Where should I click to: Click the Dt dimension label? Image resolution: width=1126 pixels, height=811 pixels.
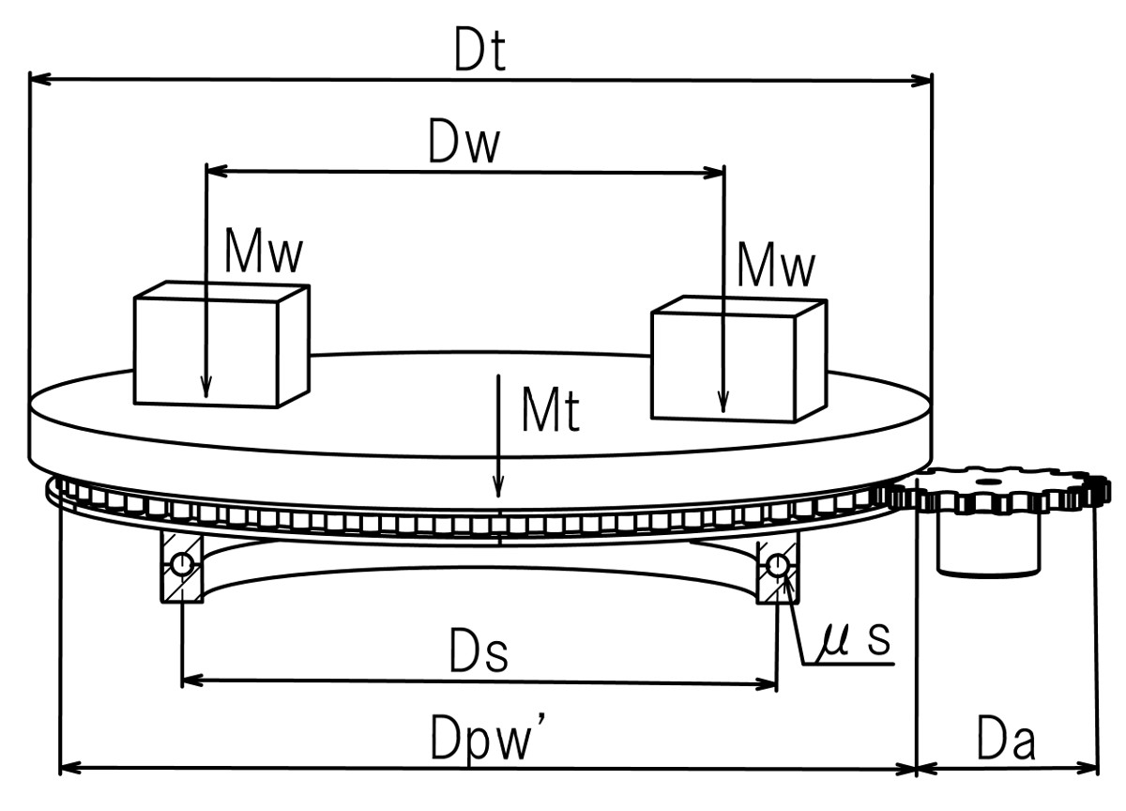479,54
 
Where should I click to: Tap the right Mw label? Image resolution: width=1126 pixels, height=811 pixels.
775,266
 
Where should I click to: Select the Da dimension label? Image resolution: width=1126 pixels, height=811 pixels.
1005,742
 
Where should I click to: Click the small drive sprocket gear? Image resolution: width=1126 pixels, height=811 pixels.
995,493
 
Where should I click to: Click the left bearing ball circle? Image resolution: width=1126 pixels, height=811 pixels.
181,563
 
